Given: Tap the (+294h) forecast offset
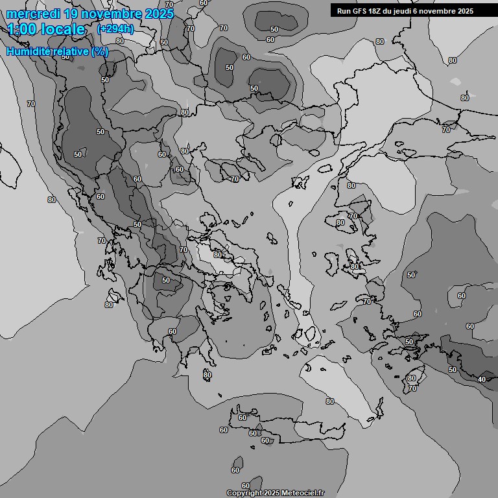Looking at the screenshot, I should click(115, 29).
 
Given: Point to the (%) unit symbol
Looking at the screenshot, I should click(100, 51).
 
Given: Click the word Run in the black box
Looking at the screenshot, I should click(344, 11).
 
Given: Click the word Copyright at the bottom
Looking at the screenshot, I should click(244, 493).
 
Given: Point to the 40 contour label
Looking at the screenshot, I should click(481, 379).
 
